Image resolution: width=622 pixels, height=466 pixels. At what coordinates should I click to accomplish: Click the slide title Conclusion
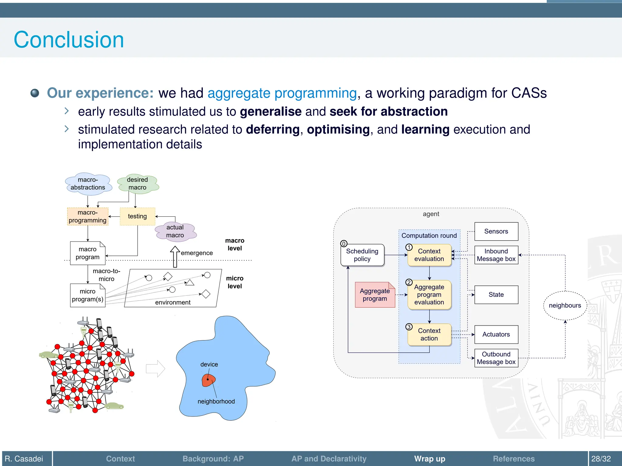coord(69,40)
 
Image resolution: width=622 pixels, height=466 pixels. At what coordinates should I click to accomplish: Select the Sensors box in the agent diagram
coord(496,231)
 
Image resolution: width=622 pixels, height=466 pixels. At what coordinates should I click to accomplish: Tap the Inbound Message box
coord(496,255)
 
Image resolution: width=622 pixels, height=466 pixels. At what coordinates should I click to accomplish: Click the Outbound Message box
coord(496,358)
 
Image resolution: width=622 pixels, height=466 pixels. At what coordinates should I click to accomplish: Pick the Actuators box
coord(496,334)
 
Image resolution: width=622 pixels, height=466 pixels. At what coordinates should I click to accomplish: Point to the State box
coord(496,295)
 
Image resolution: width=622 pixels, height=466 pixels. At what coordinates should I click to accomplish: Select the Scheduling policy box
coord(362,255)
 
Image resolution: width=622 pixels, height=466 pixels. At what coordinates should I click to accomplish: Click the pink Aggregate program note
coord(374,295)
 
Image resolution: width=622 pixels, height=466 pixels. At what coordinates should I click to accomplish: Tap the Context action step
coord(429,334)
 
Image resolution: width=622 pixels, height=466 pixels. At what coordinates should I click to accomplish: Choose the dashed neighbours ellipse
coord(565,306)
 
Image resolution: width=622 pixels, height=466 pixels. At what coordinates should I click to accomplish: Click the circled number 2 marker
coord(409,282)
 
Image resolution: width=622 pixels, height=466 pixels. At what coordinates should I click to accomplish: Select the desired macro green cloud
coord(138,184)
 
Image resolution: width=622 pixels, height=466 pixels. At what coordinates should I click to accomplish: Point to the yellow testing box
coord(137,216)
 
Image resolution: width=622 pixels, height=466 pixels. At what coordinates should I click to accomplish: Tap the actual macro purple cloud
coord(175,231)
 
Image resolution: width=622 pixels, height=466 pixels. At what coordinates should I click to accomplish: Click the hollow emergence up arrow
coord(175,256)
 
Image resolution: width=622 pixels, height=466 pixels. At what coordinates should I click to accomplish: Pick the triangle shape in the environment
coord(190,283)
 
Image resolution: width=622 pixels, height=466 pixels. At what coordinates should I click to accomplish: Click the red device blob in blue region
coord(208,380)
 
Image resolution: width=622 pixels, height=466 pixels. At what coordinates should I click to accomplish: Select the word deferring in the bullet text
coord(273,130)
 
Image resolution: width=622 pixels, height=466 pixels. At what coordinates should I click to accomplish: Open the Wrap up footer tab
coord(429,458)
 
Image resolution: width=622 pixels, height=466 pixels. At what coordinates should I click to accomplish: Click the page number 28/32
coord(601,458)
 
